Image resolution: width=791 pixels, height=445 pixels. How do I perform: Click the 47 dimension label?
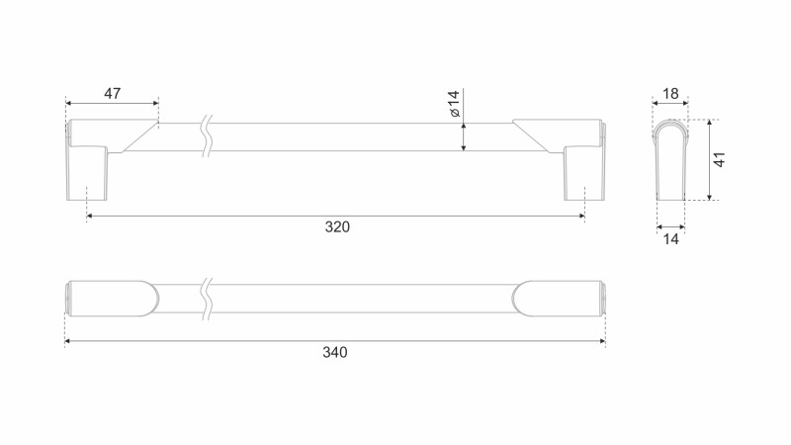click(x=113, y=94)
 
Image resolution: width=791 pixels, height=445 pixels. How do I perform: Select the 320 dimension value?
click(x=337, y=227)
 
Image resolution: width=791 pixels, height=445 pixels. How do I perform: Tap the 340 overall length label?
click(x=335, y=352)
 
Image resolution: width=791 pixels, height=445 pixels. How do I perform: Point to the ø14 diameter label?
click(x=455, y=104)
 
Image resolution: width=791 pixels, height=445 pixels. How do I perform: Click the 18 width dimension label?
click(x=670, y=94)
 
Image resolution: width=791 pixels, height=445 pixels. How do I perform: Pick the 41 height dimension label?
click(x=720, y=159)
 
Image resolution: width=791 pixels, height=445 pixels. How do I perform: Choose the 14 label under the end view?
click(x=670, y=239)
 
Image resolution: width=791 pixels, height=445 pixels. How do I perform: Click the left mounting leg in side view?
click(x=87, y=172)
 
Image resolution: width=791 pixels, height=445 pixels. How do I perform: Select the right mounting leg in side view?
click(x=584, y=172)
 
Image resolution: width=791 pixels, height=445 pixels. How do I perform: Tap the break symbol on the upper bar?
click(x=206, y=136)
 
